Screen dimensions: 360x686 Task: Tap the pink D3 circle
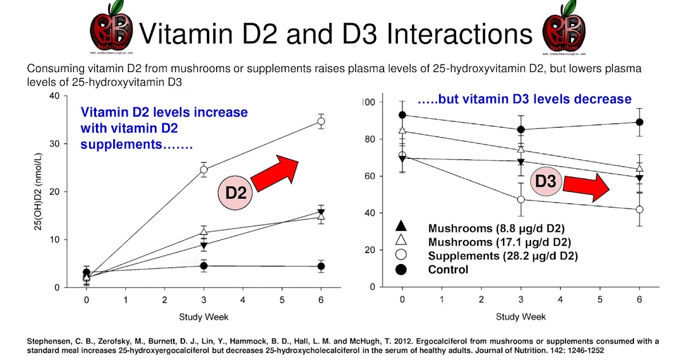(x=545, y=182)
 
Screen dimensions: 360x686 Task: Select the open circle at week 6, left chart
(x=321, y=121)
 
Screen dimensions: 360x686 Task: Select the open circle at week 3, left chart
(x=204, y=170)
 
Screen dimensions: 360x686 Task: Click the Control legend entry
(x=448, y=270)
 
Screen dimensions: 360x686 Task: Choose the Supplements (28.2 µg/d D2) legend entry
(x=502, y=255)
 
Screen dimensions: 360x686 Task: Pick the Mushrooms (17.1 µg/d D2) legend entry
(x=499, y=241)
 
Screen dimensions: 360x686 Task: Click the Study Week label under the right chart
(x=520, y=317)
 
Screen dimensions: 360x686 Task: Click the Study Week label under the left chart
(x=204, y=317)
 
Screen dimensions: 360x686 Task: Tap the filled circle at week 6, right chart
(x=640, y=122)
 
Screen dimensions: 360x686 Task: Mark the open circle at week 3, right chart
(x=521, y=199)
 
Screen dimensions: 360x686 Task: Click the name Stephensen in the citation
(x=47, y=342)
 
